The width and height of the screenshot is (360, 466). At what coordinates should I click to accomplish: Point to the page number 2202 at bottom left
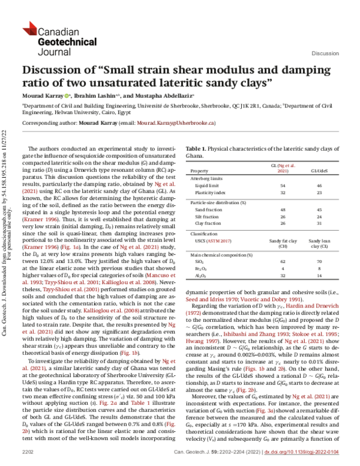click(28, 450)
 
